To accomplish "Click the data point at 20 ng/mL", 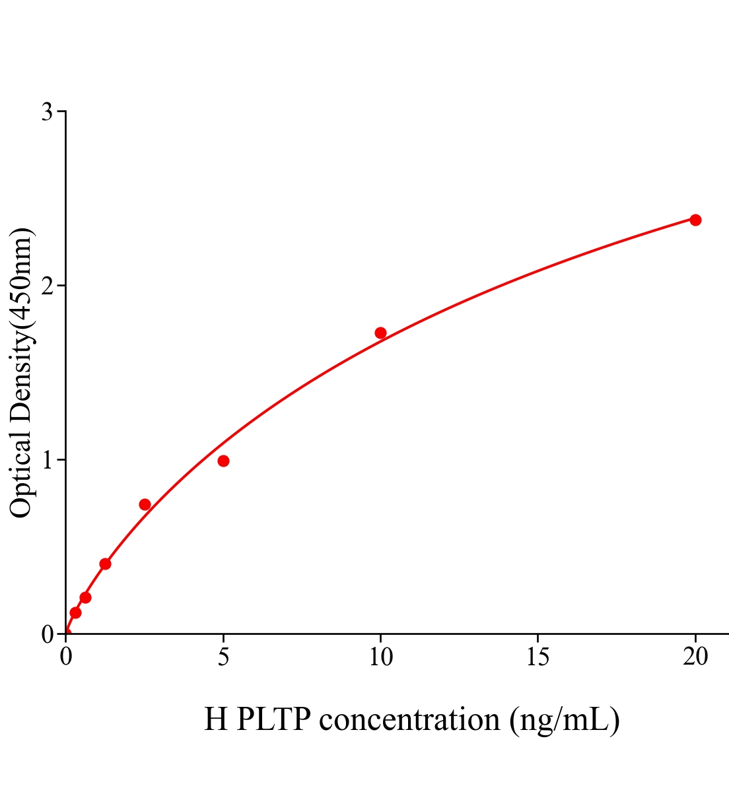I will click(x=695, y=220).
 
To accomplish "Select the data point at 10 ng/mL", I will click(x=380, y=333).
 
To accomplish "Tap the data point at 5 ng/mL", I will click(x=223, y=461).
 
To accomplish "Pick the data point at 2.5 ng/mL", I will click(x=145, y=504).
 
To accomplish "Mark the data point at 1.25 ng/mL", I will click(x=105, y=564).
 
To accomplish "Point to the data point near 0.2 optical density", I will click(x=85, y=597).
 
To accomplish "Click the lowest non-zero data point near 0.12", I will click(x=75, y=612).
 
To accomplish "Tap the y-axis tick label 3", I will click(x=47, y=112).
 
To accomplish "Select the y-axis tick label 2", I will click(x=47, y=286).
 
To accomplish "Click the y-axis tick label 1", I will click(x=47, y=460).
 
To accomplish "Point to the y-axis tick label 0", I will click(x=47, y=634).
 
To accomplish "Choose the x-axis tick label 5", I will click(x=223, y=657).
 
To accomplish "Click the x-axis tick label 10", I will click(x=380, y=657).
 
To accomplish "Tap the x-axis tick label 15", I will click(x=538, y=657).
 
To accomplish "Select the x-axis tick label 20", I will click(x=695, y=657).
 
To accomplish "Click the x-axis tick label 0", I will click(x=66, y=657).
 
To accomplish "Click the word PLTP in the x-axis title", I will click(x=273, y=719).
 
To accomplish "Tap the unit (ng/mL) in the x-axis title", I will click(x=565, y=719).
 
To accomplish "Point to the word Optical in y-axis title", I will click(x=21, y=475).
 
